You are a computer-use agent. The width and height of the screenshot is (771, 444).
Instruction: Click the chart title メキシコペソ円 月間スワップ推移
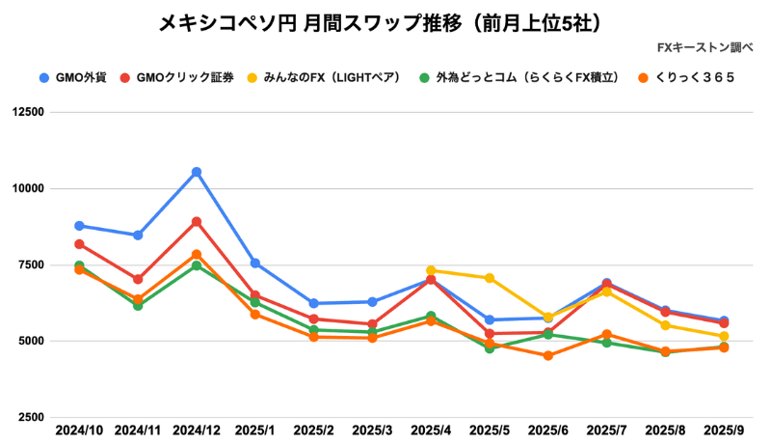click(385, 22)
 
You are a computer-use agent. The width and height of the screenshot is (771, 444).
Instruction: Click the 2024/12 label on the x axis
click(197, 429)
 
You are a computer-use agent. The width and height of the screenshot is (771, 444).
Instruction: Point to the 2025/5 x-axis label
click(490, 429)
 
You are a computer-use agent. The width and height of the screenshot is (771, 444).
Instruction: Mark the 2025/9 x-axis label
click(724, 429)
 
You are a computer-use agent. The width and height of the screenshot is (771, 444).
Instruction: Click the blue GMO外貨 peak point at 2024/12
click(197, 172)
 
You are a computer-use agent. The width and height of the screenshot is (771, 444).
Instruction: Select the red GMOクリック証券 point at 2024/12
click(197, 222)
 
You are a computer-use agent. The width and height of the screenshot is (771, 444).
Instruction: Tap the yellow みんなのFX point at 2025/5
click(490, 278)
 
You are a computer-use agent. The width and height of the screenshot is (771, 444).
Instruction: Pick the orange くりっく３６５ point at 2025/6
click(548, 356)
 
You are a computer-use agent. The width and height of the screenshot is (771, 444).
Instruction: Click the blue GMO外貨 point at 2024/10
click(79, 226)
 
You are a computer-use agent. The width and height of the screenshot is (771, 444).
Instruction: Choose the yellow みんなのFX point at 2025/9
click(724, 337)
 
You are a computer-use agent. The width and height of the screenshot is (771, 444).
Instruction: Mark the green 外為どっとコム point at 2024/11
click(138, 306)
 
